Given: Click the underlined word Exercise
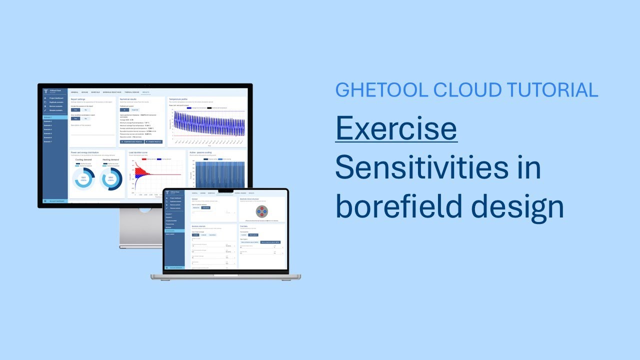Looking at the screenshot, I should point(396,128).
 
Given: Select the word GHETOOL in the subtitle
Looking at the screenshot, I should point(381,90).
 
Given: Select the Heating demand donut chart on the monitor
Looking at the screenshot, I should point(110,178).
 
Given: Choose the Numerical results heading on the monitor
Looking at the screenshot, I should point(131,99).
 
